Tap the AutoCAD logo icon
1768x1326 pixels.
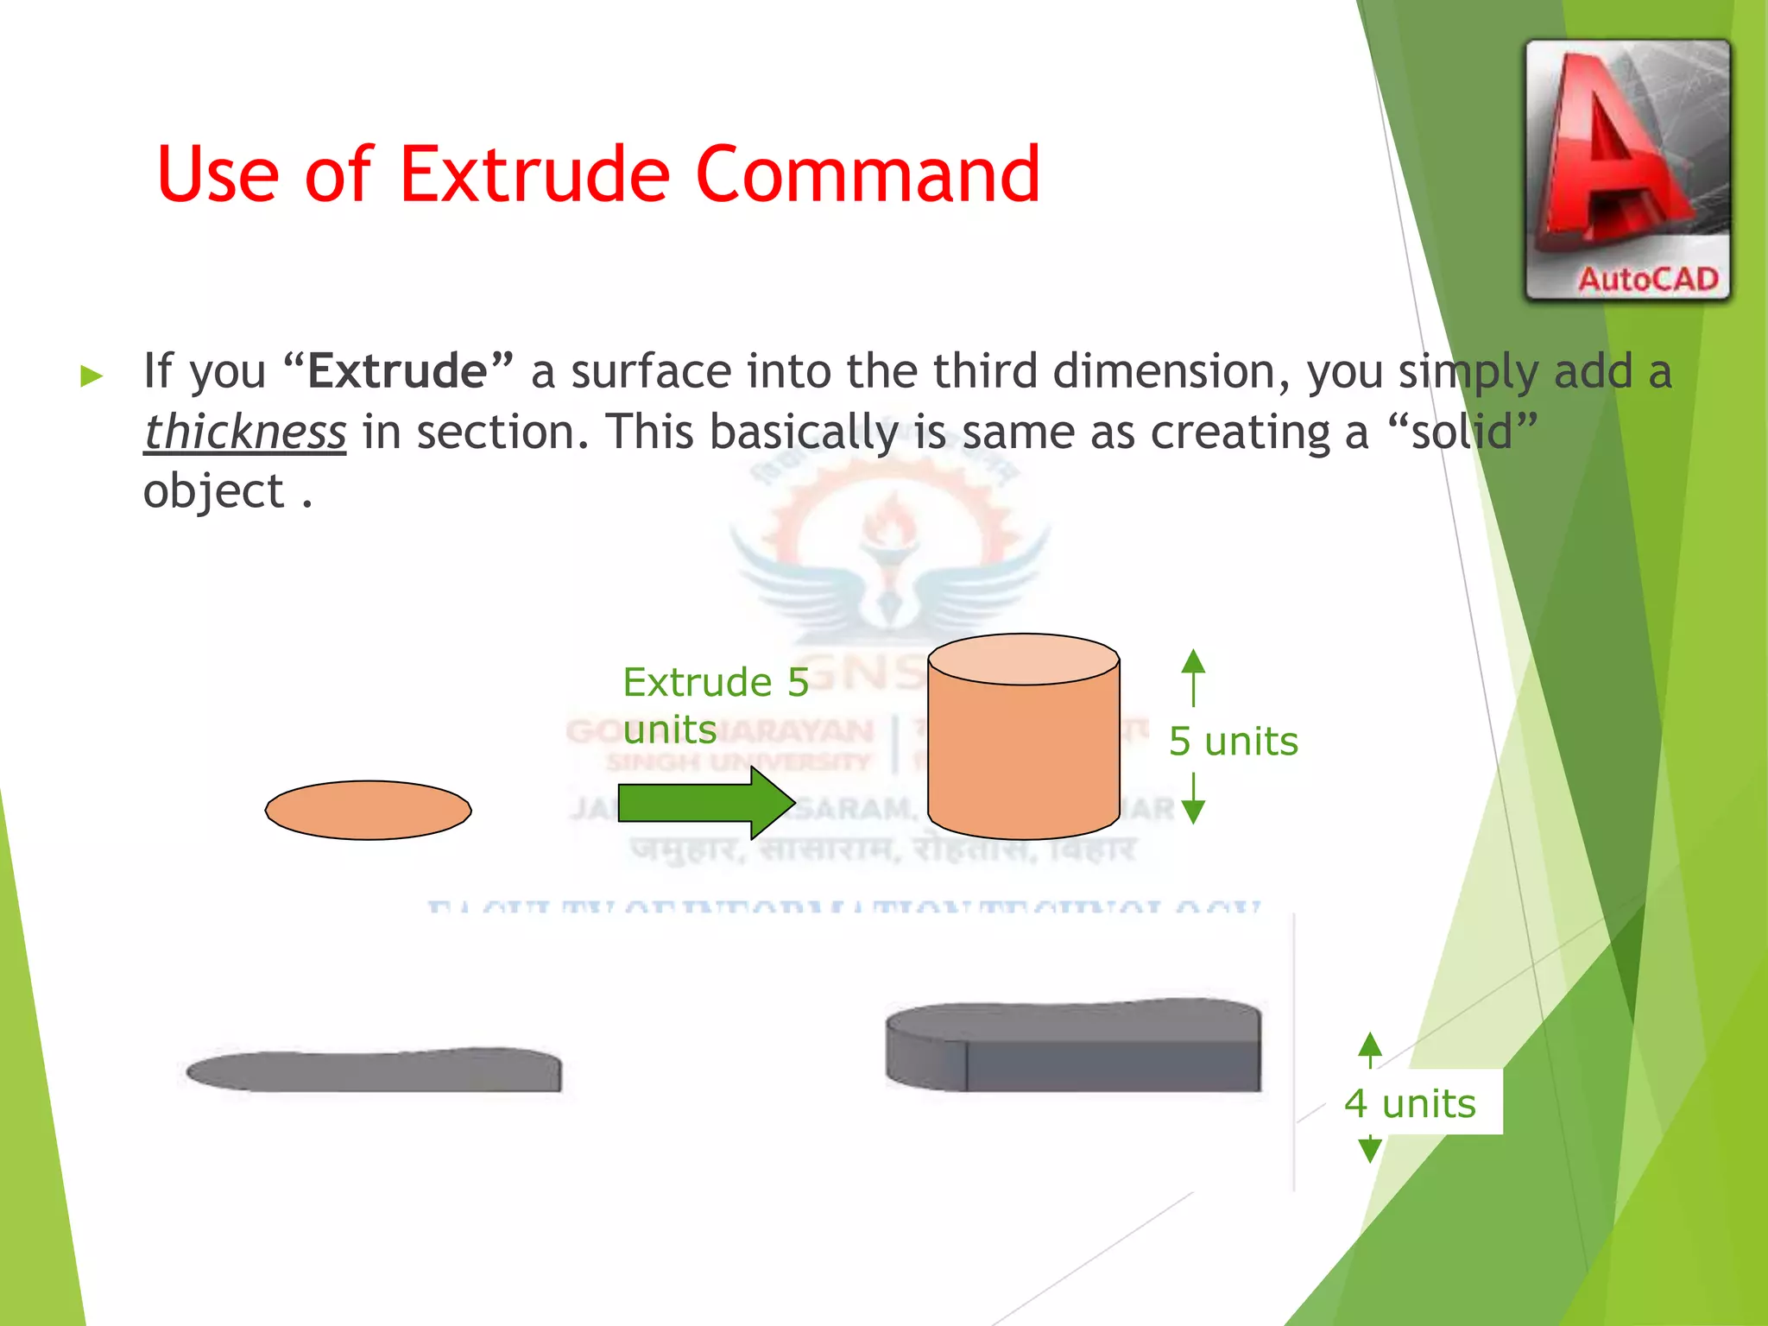coord(1627,170)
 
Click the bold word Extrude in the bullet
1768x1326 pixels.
coord(398,372)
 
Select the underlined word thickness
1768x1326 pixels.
coord(245,432)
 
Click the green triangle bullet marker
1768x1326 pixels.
coord(92,376)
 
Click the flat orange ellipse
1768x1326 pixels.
coord(369,810)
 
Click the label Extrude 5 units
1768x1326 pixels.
coord(715,705)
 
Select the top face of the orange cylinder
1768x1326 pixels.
coord(1023,660)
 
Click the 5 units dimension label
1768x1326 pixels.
coord(1233,742)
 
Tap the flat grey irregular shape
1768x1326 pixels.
coord(375,1071)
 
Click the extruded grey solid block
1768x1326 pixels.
coord(1073,1046)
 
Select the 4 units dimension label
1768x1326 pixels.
coord(1410,1103)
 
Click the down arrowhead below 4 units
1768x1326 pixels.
coord(1369,1150)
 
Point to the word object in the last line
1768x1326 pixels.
coord(213,492)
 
